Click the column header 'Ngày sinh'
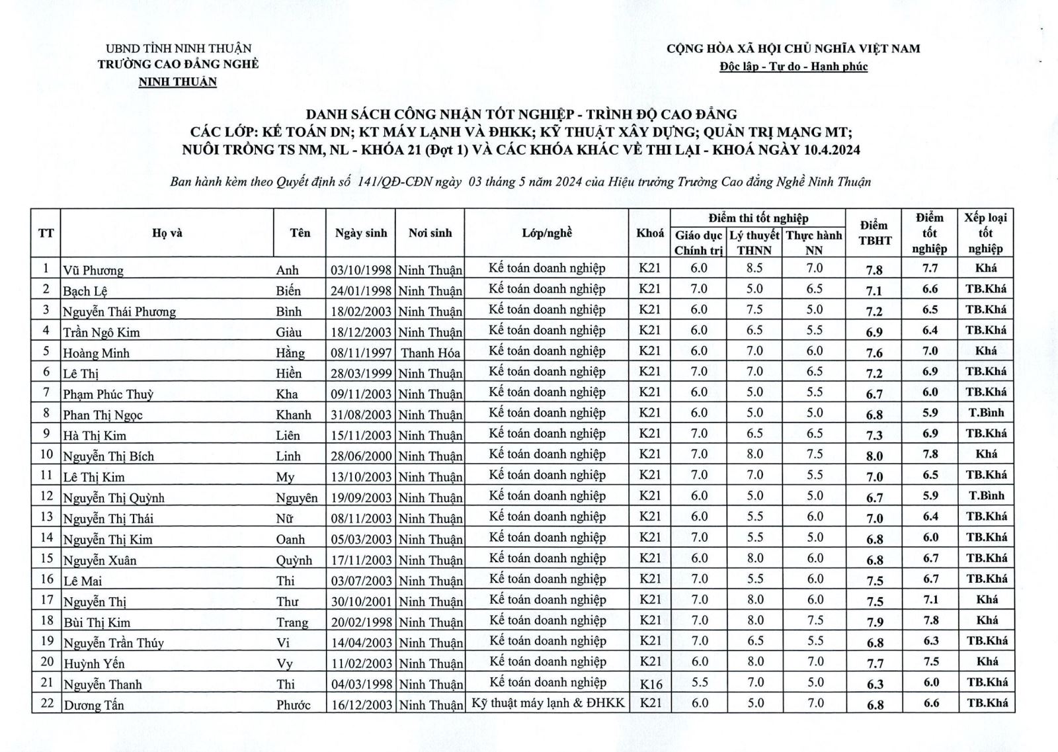click(361, 233)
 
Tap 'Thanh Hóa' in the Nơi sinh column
click(430, 353)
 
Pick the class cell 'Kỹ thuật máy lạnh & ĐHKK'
click(548, 702)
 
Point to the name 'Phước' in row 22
click(294, 704)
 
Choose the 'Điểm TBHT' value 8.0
click(874, 456)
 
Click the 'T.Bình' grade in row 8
click(986, 413)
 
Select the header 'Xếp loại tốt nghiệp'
click(985, 233)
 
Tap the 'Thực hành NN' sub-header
click(814, 242)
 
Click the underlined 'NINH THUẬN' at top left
click(177, 82)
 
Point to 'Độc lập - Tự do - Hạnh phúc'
click(793, 66)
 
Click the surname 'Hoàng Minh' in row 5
click(97, 353)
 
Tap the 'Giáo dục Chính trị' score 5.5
click(699, 682)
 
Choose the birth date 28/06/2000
click(361, 456)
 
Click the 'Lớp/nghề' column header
click(547, 233)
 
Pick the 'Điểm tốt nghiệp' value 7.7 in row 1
click(930, 268)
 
